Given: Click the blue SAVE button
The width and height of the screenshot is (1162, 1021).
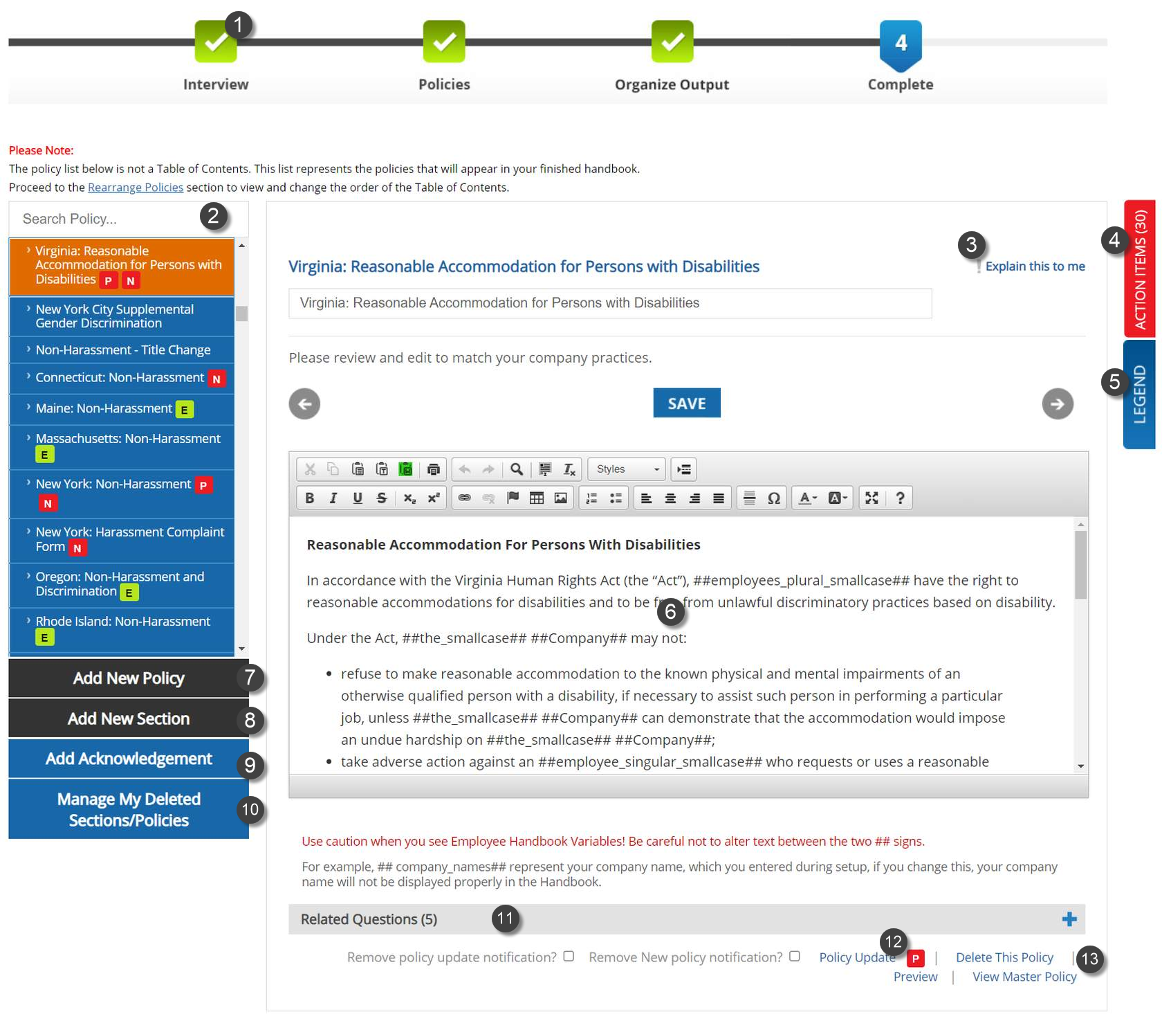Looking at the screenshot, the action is coord(686,403).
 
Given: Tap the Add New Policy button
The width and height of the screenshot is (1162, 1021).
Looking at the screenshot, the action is coord(129,678).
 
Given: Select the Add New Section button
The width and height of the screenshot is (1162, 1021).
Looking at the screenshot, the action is coord(129,719).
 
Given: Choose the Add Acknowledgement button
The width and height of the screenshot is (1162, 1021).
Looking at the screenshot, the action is coord(129,759).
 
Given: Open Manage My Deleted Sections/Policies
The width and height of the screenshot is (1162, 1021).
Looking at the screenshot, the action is coord(129,809).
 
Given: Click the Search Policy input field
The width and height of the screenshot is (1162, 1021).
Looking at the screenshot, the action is coord(104,219).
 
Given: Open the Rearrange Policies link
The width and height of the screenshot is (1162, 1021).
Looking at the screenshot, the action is coord(136,188).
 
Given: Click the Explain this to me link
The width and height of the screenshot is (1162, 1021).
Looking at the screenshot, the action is coord(1035,266).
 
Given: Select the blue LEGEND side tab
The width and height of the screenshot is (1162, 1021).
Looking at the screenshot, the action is coord(1139,395).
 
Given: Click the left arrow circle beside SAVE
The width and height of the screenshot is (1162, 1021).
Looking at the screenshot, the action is coord(304,404).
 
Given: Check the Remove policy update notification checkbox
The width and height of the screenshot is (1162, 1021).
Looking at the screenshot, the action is coord(569,956).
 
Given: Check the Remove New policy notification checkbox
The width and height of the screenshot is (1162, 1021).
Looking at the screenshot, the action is coord(795,956).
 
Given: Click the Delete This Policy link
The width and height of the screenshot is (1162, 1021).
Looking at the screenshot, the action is coord(1004,957).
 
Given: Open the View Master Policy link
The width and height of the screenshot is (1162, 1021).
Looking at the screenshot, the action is coord(1024,977).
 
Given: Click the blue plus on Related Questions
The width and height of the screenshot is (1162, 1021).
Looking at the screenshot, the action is coord(1069,919).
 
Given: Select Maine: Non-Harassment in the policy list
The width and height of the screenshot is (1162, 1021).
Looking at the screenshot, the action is coord(104,408).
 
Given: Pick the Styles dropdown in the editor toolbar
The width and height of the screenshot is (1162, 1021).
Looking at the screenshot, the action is coord(627,469).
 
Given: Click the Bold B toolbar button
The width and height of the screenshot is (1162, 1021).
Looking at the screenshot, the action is coord(310,498).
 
